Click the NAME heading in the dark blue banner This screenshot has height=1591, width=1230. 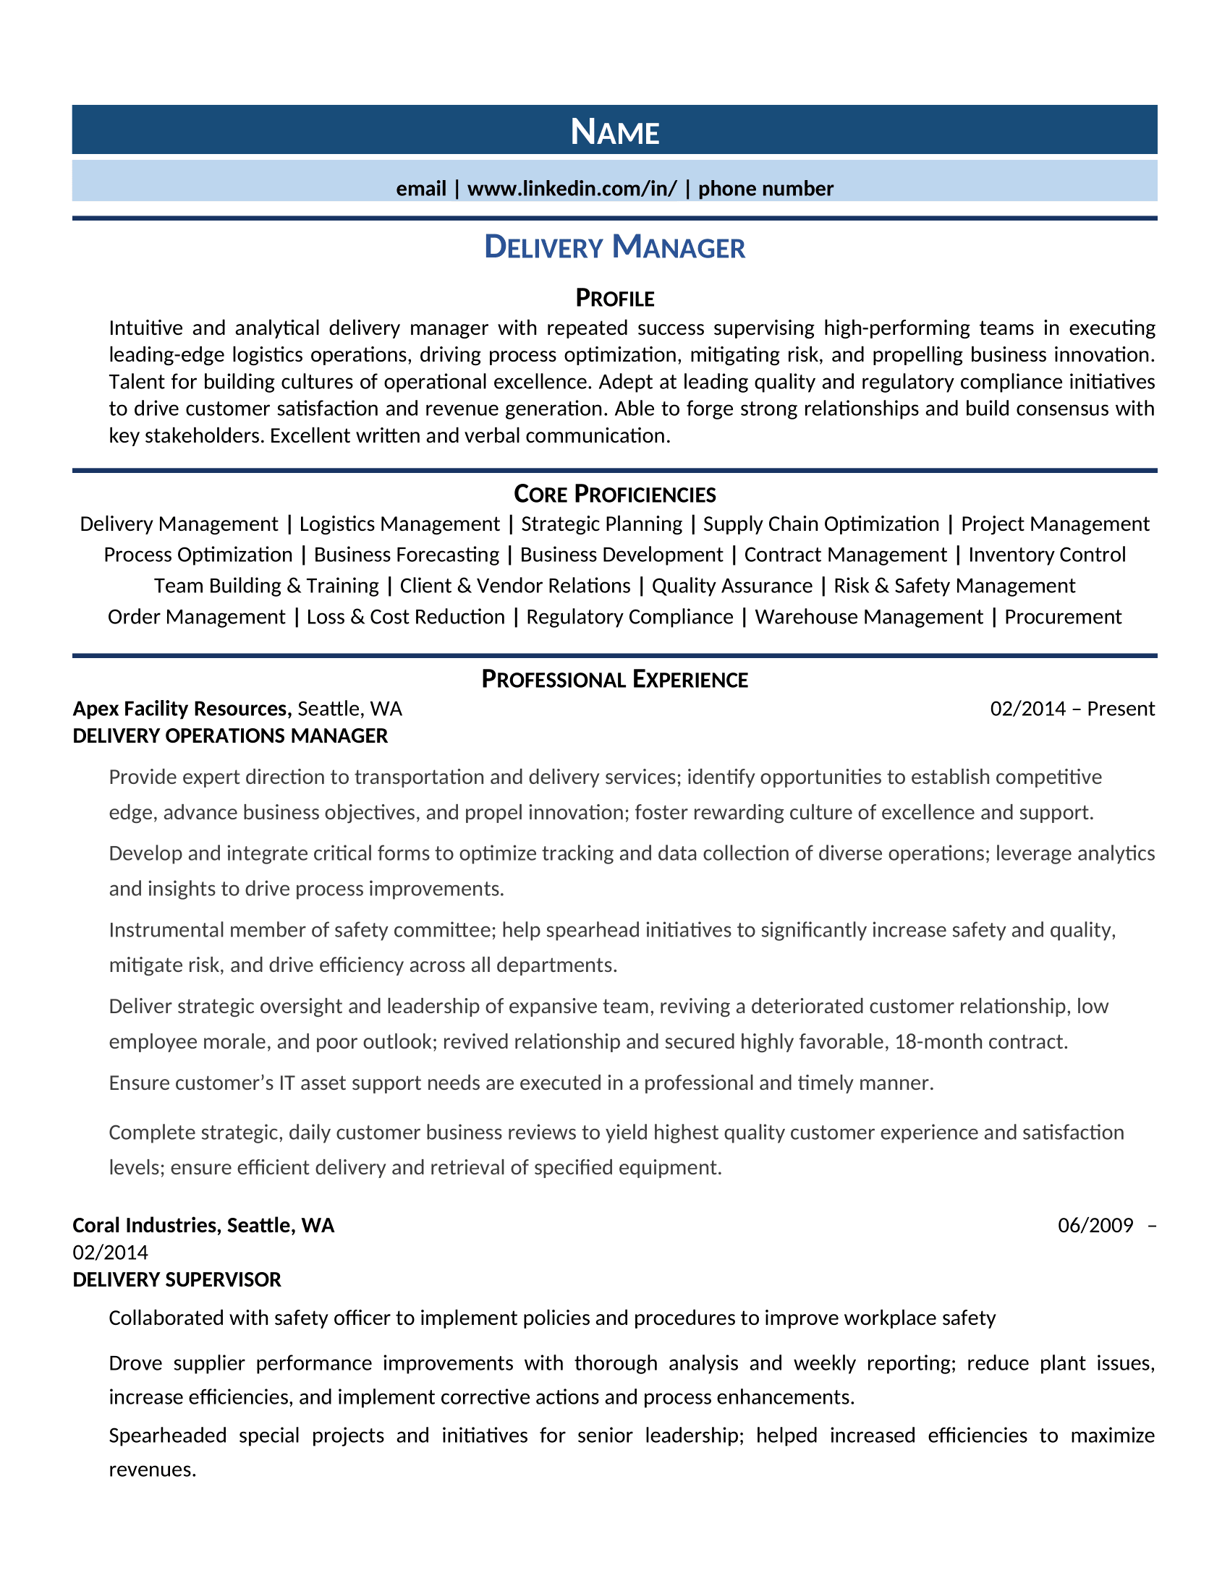pyautogui.click(x=614, y=132)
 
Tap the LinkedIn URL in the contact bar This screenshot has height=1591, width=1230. pyautogui.click(x=572, y=189)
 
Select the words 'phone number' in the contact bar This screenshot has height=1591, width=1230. pyautogui.click(x=765, y=189)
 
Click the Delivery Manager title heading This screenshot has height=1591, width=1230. pyautogui.click(x=614, y=247)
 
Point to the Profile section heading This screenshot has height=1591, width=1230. pyautogui.click(x=614, y=298)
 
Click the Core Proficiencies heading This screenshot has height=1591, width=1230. pyautogui.click(x=614, y=494)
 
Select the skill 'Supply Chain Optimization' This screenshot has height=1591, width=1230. pyautogui.click(x=820, y=524)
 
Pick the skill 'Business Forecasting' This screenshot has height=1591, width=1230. pyautogui.click(x=406, y=555)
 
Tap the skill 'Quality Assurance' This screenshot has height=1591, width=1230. pyautogui.click(x=731, y=586)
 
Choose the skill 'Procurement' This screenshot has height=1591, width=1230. pyautogui.click(x=1062, y=616)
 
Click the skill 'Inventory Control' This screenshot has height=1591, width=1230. pyautogui.click(x=1046, y=555)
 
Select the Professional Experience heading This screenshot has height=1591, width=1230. pyautogui.click(x=614, y=679)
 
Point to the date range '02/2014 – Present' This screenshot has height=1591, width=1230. pyautogui.click(x=1072, y=709)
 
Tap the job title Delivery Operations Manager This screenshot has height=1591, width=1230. pyautogui.click(x=230, y=735)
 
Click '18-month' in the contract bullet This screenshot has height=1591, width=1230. pyautogui.click(x=936, y=1041)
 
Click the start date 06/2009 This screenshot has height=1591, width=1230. pyautogui.click(x=1095, y=1225)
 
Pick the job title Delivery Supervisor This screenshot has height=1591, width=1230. pyautogui.click(x=177, y=1279)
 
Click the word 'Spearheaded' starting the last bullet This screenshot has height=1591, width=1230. pyautogui.click(x=168, y=1435)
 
